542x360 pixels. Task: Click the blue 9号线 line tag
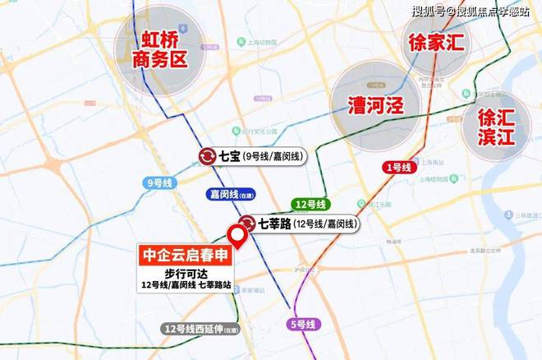click(x=158, y=182)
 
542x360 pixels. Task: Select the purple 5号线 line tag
click(x=302, y=325)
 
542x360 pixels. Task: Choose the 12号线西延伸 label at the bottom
click(x=200, y=330)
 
